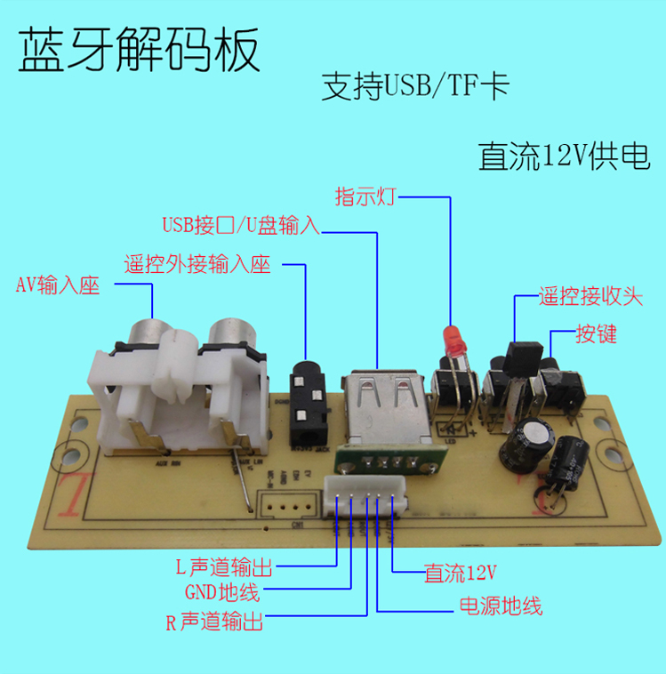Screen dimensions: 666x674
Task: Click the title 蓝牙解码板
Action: [x=140, y=51]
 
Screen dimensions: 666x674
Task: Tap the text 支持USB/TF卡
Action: [x=415, y=87]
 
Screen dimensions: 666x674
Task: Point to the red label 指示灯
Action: [x=364, y=196]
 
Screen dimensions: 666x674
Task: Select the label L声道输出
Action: [x=224, y=567]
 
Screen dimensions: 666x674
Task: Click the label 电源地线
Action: [x=500, y=607]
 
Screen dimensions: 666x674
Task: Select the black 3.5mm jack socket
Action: [x=309, y=405]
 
